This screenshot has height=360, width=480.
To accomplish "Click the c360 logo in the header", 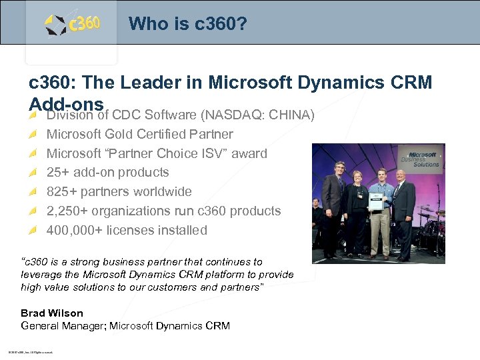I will pyautogui.click(x=73, y=25).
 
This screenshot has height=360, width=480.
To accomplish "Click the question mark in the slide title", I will pyautogui.click(x=242, y=24).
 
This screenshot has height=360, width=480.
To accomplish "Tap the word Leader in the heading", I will pyautogui.click(x=155, y=83).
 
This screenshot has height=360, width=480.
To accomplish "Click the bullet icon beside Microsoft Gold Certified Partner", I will pyautogui.click(x=34, y=135).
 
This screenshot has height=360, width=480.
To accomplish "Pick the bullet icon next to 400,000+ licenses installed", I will pyautogui.click(x=34, y=231).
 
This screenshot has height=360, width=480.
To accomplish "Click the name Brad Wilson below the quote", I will pyautogui.click(x=52, y=313).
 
